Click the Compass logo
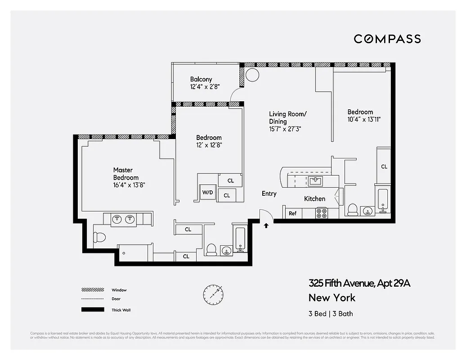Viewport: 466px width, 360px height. pyautogui.click(x=387, y=39)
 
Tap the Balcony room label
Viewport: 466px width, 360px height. pyautogui.click(x=201, y=79)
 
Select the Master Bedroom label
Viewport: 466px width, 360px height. pyautogui.click(x=123, y=173)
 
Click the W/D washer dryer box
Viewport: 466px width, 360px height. pyautogui.click(x=207, y=193)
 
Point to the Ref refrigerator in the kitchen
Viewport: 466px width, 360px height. pyautogui.click(x=292, y=213)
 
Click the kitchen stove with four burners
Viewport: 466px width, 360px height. pyautogui.click(x=321, y=213)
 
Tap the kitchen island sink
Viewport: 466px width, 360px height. pyautogui.click(x=315, y=181)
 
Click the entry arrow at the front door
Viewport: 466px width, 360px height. pyautogui.click(x=266, y=225)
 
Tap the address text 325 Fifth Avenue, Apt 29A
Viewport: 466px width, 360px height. pyautogui.click(x=359, y=283)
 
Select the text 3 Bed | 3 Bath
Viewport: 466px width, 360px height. pyautogui.click(x=331, y=314)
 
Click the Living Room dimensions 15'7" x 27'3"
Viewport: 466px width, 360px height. pyautogui.click(x=285, y=128)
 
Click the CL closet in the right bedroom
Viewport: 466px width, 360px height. pyautogui.click(x=384, y=166)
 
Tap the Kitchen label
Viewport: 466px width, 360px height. pyautogui.click(x=314, y=198)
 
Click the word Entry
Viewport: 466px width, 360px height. pyautogui.click(x=269, y=193)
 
